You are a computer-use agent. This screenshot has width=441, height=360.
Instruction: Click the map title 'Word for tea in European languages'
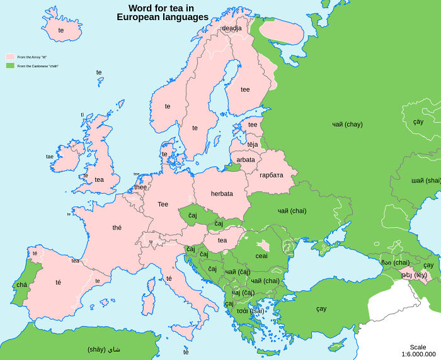coord(163,13)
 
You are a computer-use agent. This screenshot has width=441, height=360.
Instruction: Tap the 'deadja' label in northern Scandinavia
coord(231,28)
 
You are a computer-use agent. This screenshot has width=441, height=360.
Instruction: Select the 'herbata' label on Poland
coord(222,194)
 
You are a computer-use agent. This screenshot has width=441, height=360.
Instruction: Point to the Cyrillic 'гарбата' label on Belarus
coord(272,174)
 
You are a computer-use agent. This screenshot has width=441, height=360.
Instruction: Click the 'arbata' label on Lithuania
coord(246,160)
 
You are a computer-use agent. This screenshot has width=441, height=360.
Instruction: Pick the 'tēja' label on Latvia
coord(253,145)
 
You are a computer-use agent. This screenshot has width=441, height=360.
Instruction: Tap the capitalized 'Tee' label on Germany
coord(163,204)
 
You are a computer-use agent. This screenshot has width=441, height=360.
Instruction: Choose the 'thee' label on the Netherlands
coord(140,187)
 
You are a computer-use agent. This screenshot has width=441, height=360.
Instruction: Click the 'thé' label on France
coord(117,228)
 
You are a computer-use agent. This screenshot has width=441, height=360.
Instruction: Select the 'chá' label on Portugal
coord(22,285)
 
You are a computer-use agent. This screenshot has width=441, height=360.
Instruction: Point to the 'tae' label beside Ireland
coord(50,157)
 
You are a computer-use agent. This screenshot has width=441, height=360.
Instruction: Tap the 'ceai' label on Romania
coord(261,256)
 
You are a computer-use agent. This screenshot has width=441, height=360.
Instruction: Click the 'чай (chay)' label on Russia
coord(347,125)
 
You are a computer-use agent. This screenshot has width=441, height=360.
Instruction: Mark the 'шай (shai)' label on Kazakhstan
coord(426,180)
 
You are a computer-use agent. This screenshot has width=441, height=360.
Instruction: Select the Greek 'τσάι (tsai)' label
coord(251,311)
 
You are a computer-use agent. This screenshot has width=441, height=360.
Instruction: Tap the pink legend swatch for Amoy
coord(10,57)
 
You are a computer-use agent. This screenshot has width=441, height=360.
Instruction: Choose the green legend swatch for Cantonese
coord(10,65)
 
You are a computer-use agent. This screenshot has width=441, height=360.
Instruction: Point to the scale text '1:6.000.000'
coord(418,354)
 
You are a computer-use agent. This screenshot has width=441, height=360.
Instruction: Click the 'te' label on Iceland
coord(61,30)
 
